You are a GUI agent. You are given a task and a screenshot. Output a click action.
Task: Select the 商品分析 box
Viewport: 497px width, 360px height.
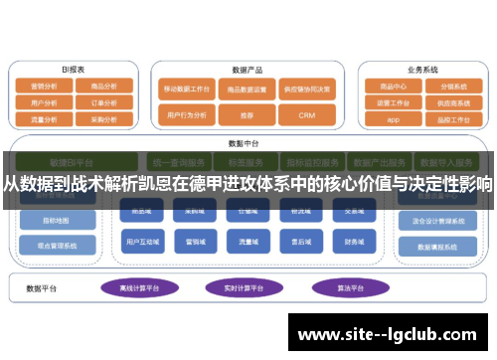point(104,87)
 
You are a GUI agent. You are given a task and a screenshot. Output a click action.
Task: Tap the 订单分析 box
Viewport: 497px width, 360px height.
point(104,101)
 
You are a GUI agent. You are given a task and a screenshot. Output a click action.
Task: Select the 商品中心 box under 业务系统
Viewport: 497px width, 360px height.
point(393,87)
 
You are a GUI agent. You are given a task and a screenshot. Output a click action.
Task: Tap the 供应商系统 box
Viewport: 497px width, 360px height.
point(452,101)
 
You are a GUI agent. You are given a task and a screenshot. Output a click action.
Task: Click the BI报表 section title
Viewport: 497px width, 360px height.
point(74,70)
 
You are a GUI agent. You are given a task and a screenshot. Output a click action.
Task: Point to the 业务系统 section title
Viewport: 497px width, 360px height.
point(421,70)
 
